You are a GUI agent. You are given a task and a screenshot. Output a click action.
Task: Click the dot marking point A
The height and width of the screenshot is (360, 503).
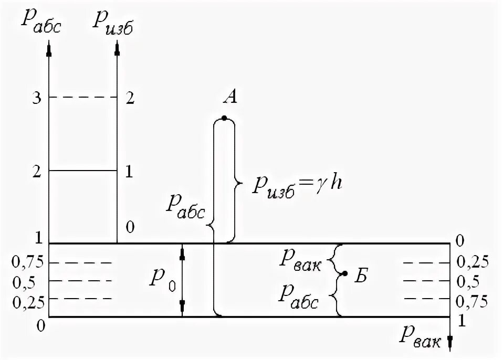(x=224, y=118)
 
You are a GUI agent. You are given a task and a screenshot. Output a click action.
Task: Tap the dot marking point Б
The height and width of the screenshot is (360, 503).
(x=344, y=273)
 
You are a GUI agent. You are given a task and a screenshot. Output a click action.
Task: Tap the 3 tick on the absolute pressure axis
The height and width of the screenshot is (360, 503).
(x=36, y=98)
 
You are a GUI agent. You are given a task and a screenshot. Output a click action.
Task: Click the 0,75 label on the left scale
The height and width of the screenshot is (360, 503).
(x=25, y=262)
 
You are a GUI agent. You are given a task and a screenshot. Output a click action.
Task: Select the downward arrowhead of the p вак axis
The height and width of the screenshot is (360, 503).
(x=450, y=344)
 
